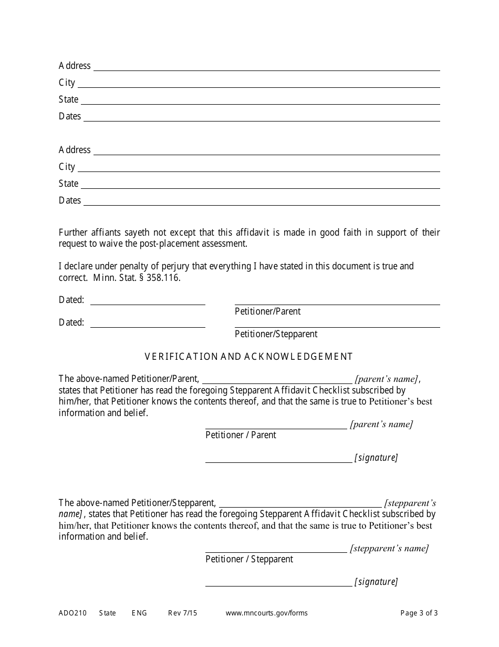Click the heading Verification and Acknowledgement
click(x=248, y=357)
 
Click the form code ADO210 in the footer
click(x=72, y=613)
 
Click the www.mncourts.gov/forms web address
click(x=267, y=613)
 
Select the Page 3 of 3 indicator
click(x=419, y=613)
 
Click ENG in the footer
click(x=139, y=613)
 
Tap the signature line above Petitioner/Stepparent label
click(x=337, y=327)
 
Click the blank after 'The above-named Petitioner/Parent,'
click(x=277, y=382)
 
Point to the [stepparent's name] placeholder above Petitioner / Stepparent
click(x=389, y=549)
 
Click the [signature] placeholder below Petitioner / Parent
click(x=376, y=458)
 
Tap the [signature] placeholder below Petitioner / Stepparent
click(x=376, y=582)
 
